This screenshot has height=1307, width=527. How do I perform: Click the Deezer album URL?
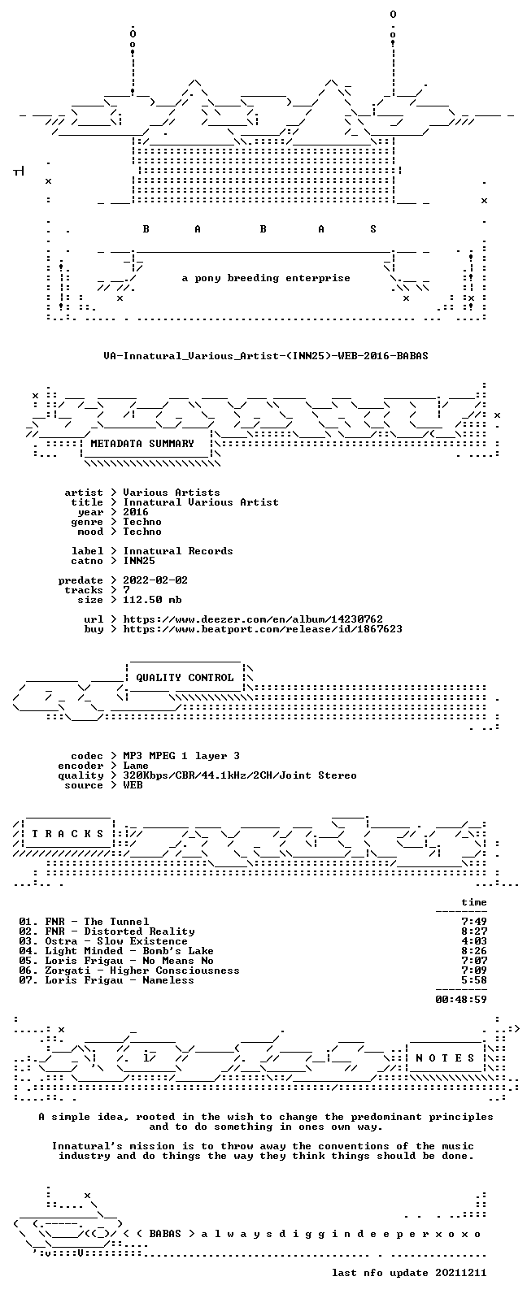tap(253, 619)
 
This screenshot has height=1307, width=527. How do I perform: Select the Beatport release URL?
tap(263, 629)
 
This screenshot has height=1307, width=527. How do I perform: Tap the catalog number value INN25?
tap(139, 561)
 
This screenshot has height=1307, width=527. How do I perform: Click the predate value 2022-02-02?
tap(155, 580)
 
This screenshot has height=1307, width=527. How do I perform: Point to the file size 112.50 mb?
tap(152, 600)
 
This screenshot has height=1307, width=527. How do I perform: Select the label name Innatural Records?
tap(178, 551)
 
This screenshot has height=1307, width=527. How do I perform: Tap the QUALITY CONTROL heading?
tap(185, 677)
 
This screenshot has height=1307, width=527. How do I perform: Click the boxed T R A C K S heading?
tap(68, 834)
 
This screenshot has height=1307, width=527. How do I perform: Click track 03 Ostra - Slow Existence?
tap(103, 941)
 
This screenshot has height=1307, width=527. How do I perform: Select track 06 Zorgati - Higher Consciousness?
tap(129, 970)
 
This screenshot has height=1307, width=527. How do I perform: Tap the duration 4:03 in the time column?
tap(474, 941)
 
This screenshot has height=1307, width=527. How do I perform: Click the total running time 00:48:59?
tap(461, 1000)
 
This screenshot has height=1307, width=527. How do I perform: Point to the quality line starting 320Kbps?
tap(240, 775)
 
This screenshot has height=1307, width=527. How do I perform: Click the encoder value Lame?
tap(136, 766)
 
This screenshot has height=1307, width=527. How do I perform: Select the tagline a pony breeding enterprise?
tap(266, 278)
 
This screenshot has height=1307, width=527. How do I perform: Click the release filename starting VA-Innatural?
tap(266, 356)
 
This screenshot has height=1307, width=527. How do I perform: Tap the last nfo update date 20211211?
tap(461, 1273)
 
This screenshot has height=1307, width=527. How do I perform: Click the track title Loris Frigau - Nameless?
tap(120, 980)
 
